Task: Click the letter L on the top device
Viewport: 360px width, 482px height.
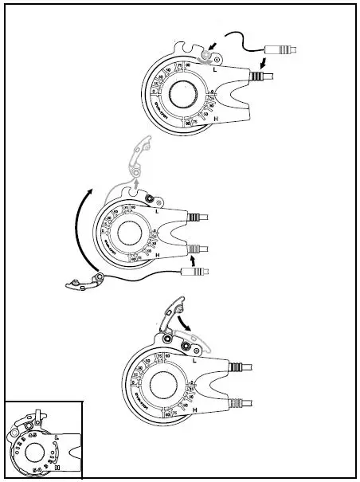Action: tap(214, 70)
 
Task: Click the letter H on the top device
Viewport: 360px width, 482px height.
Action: tap(216, 118)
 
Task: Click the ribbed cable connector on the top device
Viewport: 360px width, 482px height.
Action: tap(257, 76)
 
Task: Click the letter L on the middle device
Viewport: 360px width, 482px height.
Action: tap(158, 212)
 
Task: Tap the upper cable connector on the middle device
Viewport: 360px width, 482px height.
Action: tap(197, 217)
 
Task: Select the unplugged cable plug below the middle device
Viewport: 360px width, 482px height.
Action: tap(194, 272)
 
